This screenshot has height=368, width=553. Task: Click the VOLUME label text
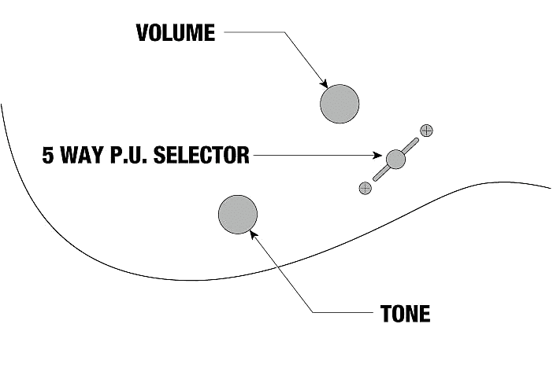pos(175,32)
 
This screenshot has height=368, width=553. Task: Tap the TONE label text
pos(405,315)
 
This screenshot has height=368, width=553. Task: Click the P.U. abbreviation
pos(132,155)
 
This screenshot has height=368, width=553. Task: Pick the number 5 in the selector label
pos(49,155)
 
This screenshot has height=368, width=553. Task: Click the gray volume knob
pos(340,104)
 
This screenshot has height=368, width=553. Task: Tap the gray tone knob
pos(237,215)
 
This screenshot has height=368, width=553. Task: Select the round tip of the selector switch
pos(395,159)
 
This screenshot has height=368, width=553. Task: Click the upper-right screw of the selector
pos(427,131)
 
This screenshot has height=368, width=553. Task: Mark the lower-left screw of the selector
pos(365,187)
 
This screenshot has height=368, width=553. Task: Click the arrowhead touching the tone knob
pos(252,233)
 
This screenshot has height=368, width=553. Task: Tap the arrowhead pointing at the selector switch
pos(382,156)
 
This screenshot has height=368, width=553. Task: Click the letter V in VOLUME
pos(142,32)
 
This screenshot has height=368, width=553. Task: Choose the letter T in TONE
pos(385,315)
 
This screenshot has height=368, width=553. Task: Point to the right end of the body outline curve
pos(550,189)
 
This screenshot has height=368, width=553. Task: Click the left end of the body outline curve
pos(2,105)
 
